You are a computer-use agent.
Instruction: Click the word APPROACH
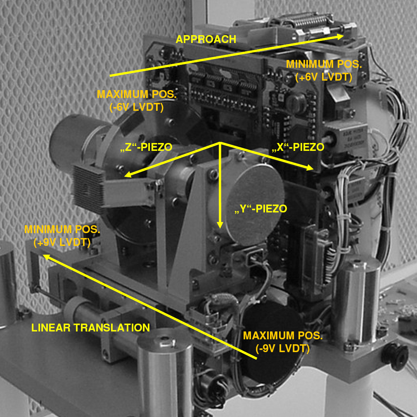pyautogui.click(x=206, y=39)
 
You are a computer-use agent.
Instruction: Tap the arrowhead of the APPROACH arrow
pyautogui.click(x=340, y=36)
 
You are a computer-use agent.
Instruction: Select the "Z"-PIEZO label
pyautogui.click(x=146, y=147)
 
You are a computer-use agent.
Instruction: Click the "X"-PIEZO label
pyautogui.click(x=298, y=147)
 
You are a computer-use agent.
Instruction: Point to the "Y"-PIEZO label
pyautogui.click(x=261, y=208)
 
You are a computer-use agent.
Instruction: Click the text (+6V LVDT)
pyautogui.click(x=324, y=77)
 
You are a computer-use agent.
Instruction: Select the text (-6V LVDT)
pyautogui.click(x=136, y=107)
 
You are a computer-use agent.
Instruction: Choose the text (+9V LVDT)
pyautogui.click(x=62, y=242)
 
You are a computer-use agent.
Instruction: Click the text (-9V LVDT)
pyautogui.click(x=282, y=348)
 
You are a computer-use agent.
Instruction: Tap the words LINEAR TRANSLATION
pyautogui.click(x=90, y=328)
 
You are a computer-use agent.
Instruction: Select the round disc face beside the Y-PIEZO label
pyautogui.click(x=253, y=205)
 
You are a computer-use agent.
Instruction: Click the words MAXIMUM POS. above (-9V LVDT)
pyautogui.click(x=283, y=336)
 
